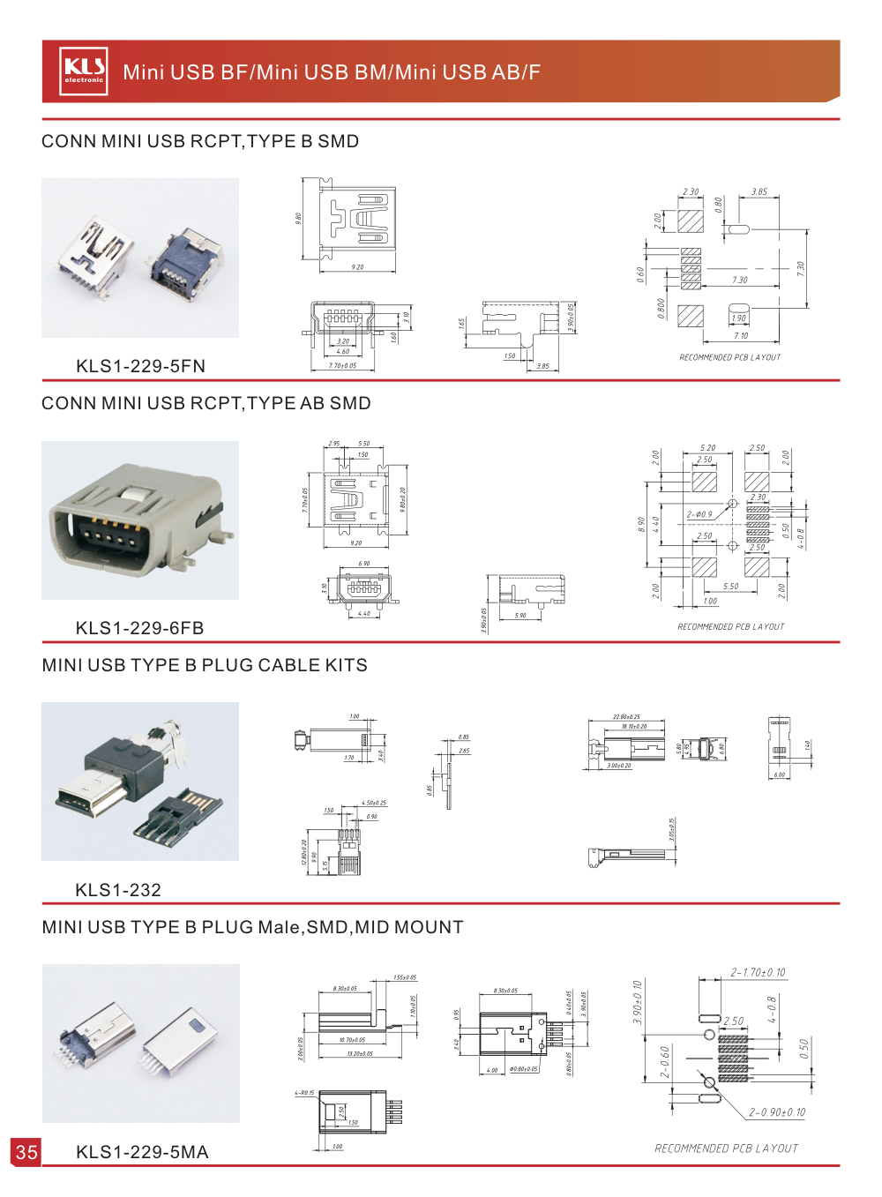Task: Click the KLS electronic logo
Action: pyautogui.click(x=85, y=71)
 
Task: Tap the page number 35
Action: pyautogui.click(x=26, y=1152)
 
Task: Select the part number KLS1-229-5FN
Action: pyautogui.click(x=140, y=366)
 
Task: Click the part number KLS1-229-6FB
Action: pyautogui.click(x=139, y=628)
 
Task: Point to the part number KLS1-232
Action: pyautogui.click(x=118, y=890)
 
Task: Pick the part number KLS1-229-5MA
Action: pyautogui.click(x=142, y=1152)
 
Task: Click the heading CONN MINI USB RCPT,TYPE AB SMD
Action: pyautogui.click(x=206, y=403)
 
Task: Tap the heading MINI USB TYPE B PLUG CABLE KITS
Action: pyautogui.click(x=205, y=665)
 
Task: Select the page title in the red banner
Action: pyautogui.click(x=332, y=72)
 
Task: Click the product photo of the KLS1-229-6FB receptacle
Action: pyautogui.click(x=140, y=520)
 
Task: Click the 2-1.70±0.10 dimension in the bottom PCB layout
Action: pyautogui.click(x=758, y=973)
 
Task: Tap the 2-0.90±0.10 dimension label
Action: pyautogui.click(x=777, y=1112)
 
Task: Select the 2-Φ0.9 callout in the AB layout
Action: pyautogui.click(x=699, y=514)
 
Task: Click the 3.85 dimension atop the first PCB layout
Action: pyautogui.click(x=759, y=191)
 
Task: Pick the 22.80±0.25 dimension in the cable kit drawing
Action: pyautogui.click(x=626, y=717)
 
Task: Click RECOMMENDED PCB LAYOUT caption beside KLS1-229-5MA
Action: pyautogui.click(x=726, y=1148)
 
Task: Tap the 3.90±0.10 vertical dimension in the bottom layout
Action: pyautogui.click(x=638, y=1002)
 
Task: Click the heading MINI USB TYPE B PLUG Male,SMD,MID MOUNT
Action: pyautogui.click(x=252, y=927)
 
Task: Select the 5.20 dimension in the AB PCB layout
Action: pyautogui.click(x=707, y=448)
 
